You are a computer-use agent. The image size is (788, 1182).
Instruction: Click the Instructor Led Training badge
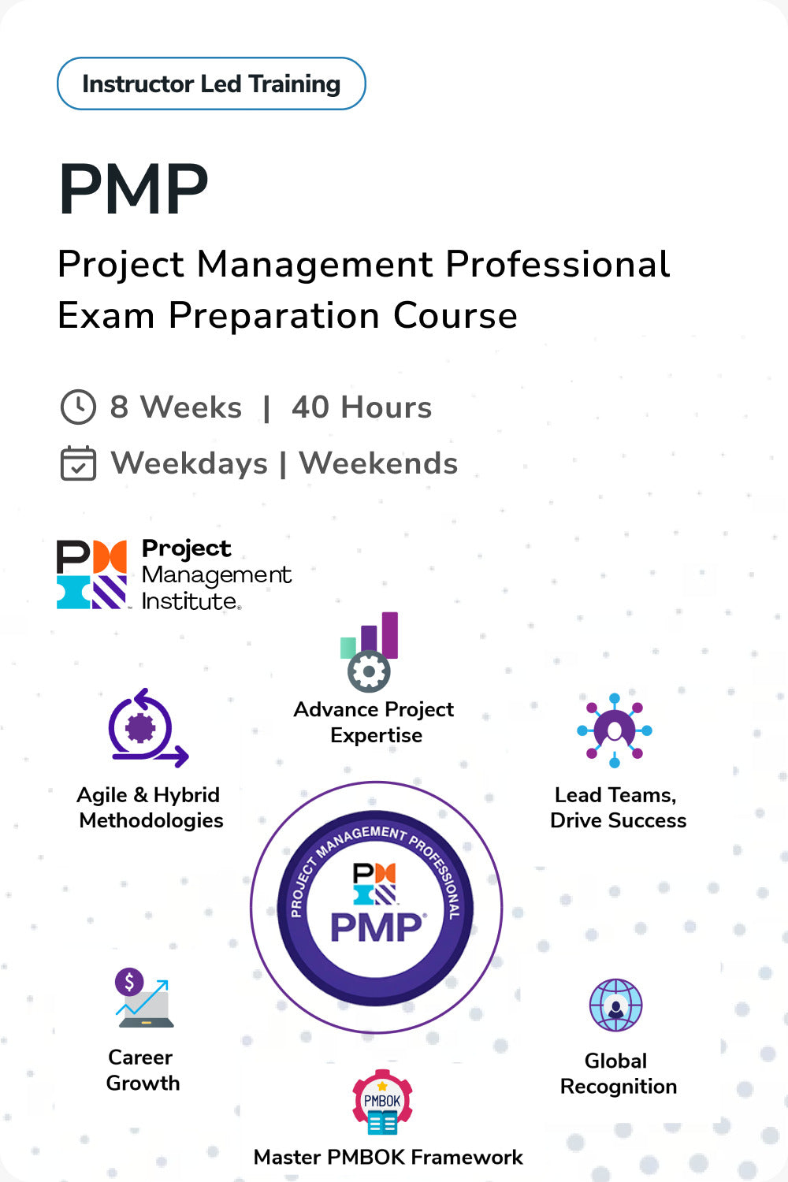pos(211,84)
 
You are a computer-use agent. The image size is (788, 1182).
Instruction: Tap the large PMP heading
pos(134,189)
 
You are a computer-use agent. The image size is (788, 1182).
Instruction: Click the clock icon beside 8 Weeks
pos(78,407)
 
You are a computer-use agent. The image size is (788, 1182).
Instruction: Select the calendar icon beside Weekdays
pos(78,463)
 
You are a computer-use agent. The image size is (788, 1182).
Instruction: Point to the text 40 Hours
pos(362,407)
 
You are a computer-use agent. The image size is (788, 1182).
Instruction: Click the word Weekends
pos(378,463)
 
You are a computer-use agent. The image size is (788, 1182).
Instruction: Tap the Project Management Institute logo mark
pos(91,574)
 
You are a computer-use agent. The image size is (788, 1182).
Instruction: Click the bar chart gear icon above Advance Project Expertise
pos(370,652)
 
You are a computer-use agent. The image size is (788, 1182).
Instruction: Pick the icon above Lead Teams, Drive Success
pos(615,730)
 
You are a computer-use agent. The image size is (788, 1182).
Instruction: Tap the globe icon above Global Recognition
pos(616,1005)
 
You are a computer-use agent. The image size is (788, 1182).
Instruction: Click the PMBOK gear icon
pos(382,1102)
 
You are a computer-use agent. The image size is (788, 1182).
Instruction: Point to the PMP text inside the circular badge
pos(377,927)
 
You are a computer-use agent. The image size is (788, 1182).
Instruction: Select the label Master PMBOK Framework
pos(388,1157)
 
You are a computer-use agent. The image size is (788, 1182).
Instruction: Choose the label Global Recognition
pos(618,1073)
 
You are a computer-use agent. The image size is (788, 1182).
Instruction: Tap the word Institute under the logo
pos(189,601)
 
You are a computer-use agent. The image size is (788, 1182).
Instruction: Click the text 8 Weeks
pos(176,407)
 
